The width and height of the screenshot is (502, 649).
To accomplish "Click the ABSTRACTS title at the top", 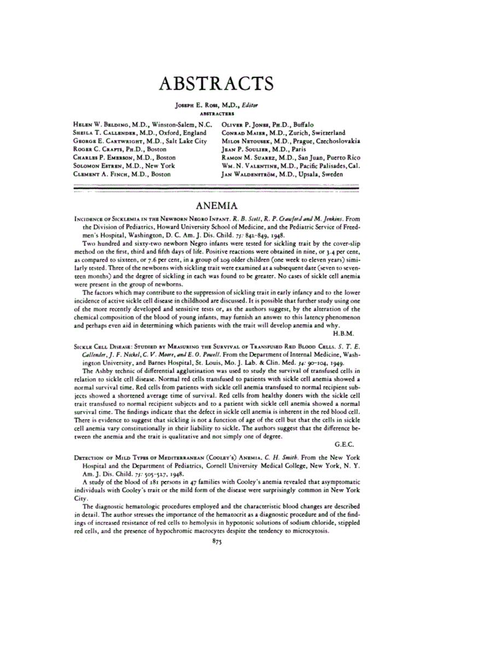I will pyautogui.click(x=214, y=84).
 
